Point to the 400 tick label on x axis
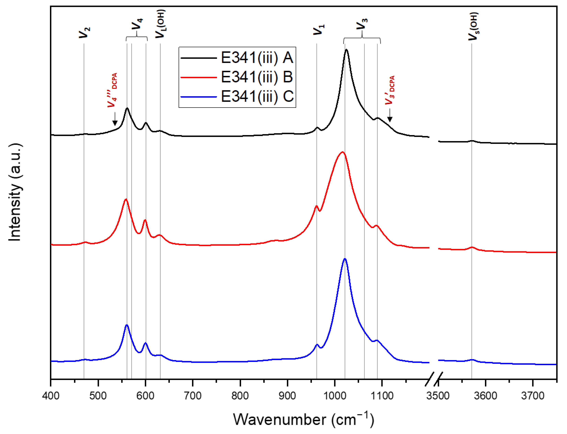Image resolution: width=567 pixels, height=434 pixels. click(x=51, y=396)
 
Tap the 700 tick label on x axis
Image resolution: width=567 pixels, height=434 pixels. click(x=193, y=396)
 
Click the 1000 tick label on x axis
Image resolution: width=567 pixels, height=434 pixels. click(x=334, y=396)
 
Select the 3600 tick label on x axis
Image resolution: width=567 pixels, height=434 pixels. click(x=485, y=396)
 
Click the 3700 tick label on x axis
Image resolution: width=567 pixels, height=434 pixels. click(x=533, y=396)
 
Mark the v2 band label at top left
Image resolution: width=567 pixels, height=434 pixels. click(x=84, y=32)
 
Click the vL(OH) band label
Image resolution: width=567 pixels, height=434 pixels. click(x=160, y=24)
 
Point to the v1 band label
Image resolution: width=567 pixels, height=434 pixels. click(x=319, y=30)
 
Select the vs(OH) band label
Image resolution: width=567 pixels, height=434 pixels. click(x=473, y=26)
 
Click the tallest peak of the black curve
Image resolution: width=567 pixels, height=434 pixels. click(x=346, y=50)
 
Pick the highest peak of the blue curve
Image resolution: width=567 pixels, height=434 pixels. click(x=345, y=259)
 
